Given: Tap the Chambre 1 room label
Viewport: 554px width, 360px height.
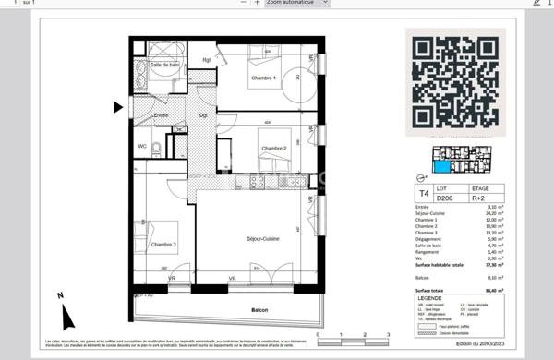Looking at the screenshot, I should pyautogui.click(x=264, y=78).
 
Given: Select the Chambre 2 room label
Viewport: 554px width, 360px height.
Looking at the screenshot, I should pyautogui.click(x=274, y=149).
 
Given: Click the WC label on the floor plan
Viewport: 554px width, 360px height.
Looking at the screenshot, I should pyautogui.click(x=143, y=146).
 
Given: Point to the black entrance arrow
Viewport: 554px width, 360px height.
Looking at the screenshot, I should pyautogui.click(x=118, y=107).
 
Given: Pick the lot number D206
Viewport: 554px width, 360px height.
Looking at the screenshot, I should pyautogui.click(x=445, y=198).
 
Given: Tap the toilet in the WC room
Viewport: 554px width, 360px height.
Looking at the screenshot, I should pyautogui.click(x=158, y=147).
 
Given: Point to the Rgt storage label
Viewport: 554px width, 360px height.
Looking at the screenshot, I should pyautogui.click(x=207, y=61).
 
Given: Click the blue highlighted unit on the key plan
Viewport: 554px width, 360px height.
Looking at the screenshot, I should pyautogui.click(x=444, y=167).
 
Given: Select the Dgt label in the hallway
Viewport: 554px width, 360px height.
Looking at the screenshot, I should pyautogui.click(x=202, y=114).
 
